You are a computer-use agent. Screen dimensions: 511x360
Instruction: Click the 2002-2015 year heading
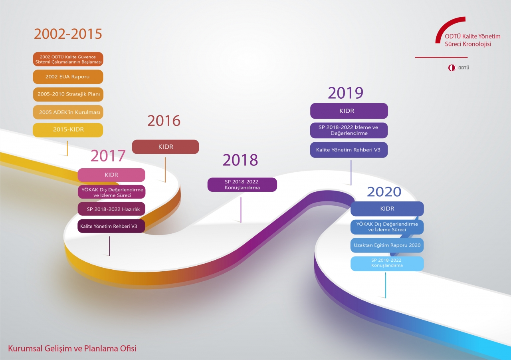click(68, 34)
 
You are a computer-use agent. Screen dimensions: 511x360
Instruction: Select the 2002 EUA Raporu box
click(68, 77)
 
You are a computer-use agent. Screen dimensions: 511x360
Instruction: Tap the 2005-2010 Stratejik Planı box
click(68, 94)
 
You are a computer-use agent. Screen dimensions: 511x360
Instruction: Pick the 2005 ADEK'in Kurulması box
click(68, 112)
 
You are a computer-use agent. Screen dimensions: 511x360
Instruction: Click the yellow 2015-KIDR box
click(68, 130)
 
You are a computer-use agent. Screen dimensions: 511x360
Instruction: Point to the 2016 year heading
click(164, 121)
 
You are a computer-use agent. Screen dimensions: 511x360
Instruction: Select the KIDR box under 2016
click(165, 147)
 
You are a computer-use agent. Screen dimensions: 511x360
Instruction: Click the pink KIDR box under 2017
click(111, 175)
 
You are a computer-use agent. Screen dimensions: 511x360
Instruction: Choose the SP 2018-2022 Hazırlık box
click(111, 209)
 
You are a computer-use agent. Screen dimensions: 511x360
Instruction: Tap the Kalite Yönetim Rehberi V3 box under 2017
click(111, 226)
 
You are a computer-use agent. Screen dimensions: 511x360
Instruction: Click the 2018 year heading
click(240, 160)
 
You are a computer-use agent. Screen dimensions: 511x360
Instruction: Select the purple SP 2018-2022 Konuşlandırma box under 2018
click(242, 185)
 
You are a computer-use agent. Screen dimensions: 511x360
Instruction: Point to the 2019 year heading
click(346, 93)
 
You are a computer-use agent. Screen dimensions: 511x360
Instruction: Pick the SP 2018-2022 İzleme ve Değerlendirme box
click(349, 130)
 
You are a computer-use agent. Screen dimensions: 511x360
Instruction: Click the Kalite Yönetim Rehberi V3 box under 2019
click(349, 150)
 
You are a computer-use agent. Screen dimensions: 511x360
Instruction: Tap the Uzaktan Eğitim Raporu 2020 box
click(387, 245)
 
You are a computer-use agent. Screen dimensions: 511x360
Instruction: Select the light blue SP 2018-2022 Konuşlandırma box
click(387, 264)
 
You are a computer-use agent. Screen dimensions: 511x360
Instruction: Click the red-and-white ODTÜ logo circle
click(452, 68)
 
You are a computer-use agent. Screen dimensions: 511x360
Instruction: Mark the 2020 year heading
click(384, 192)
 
